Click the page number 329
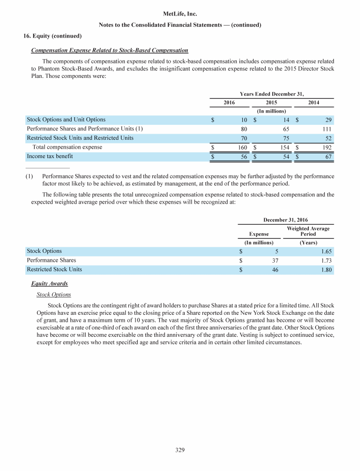180,450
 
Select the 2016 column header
229,102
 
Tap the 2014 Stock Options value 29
328,120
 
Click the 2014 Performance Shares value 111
327,129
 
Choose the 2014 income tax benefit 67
328,156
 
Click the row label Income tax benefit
50,156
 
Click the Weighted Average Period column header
307,231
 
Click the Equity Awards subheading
52,284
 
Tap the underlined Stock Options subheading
53,295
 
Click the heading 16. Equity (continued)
52,36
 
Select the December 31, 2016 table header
285,220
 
